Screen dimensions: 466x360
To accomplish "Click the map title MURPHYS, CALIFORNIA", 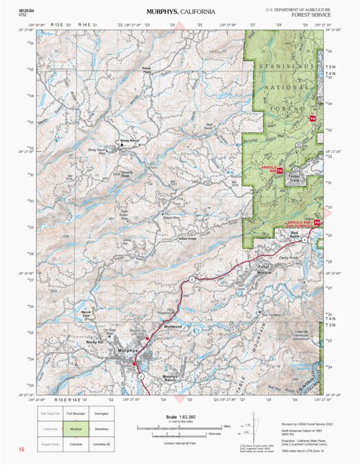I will pos(180,12).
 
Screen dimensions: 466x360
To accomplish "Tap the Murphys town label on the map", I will pos(128,351).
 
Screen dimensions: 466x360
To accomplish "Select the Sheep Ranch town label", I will pos(130,141).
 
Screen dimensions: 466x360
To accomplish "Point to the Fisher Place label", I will pos(146,69).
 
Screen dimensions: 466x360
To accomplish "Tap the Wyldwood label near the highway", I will pos(173,327).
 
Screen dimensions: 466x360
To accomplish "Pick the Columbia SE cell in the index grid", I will pos(101,444).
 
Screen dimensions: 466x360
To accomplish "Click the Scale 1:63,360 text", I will pos(180,417).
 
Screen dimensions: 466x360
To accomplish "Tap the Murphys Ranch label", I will pos(175,378).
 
